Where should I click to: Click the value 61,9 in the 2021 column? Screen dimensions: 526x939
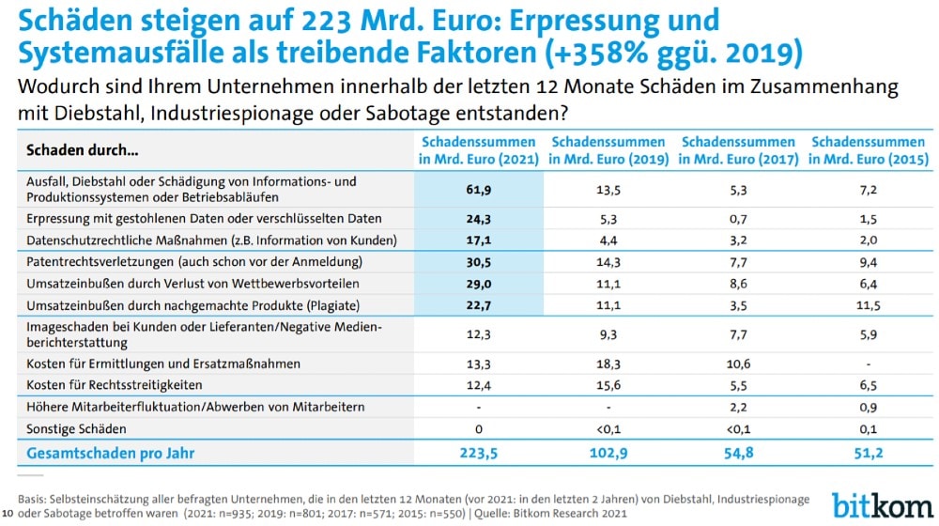click(x=479, y=190)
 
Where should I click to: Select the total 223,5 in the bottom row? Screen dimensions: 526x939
click(x=479, y=454)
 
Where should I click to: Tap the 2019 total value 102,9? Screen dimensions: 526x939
click(x=608, y=454)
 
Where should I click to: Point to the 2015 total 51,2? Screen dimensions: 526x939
click(x=869, y=454)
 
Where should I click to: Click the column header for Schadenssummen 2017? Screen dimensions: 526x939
click(x=738, y=150)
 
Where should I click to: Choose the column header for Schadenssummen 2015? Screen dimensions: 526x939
click(x=869, y=150)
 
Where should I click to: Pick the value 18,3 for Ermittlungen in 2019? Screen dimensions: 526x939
click(x=608, y=364)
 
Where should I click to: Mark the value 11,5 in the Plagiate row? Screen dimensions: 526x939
click(x=869, y=304)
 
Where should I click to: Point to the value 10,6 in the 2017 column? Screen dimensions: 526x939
click(x=738, y=364)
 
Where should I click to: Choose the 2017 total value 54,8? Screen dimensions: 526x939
click(x=738, y=454)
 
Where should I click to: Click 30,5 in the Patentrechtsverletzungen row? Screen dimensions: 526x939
click(x=479, y=261)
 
